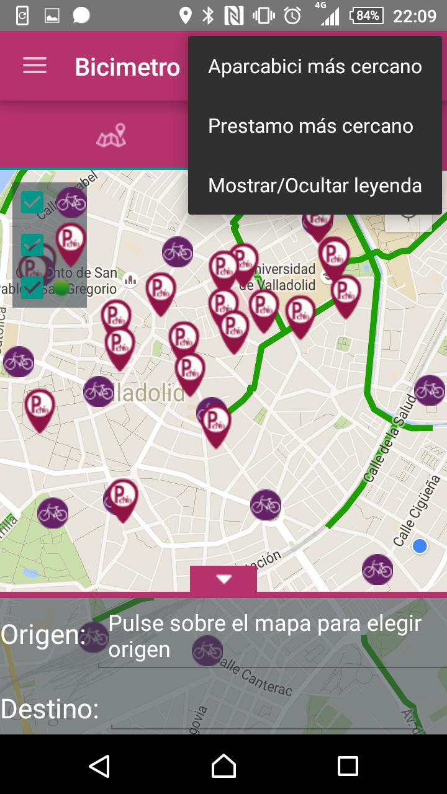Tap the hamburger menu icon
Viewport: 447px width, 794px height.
35,66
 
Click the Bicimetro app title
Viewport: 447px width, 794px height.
127,67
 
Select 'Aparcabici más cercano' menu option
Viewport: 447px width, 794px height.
315,66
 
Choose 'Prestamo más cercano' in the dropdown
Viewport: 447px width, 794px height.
310,126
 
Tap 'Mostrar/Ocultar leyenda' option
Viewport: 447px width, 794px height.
315,185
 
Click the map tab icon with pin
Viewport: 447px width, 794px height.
111,136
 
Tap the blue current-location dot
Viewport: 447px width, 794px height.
420,546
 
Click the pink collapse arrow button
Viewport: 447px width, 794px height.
223,579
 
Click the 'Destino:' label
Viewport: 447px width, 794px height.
50,708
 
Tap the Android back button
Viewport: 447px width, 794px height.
99,766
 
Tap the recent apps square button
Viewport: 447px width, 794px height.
348,766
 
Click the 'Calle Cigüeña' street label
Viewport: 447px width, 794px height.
417,510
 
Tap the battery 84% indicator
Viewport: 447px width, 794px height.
366,16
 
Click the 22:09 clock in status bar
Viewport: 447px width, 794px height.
415,16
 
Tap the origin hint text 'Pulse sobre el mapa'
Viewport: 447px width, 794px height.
265,636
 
